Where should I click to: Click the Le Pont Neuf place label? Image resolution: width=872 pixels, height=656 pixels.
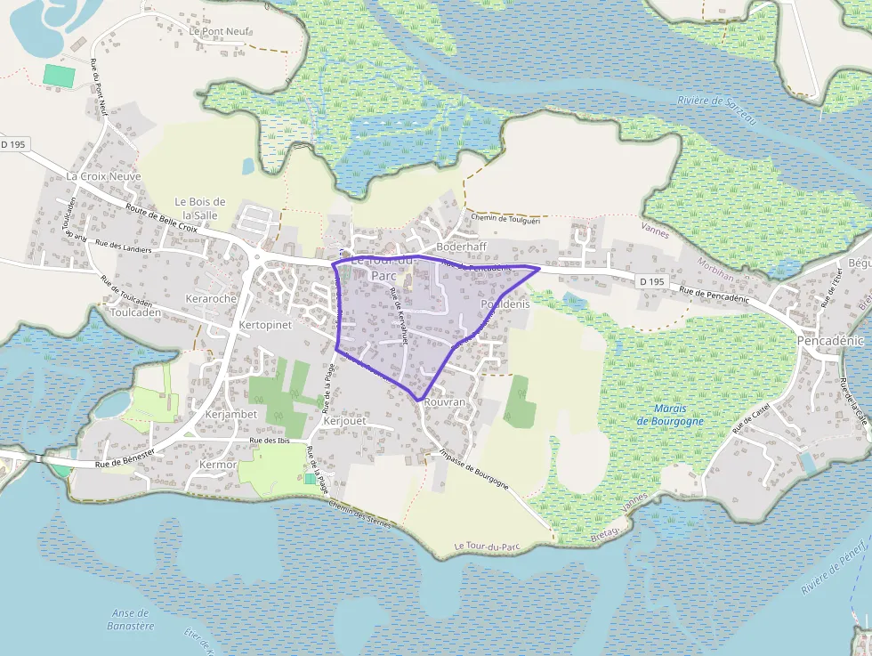[220, 31]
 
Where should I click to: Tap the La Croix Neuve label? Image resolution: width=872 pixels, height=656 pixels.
[104, 176]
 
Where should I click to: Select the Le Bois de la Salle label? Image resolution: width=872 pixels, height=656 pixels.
[200, 208]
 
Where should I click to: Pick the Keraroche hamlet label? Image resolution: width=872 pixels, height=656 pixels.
[211, 298]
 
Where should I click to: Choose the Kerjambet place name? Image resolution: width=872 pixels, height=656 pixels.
[230, 414]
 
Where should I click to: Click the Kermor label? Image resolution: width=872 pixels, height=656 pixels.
[218, 465]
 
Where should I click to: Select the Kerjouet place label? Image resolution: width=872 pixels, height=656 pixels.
[345, 420]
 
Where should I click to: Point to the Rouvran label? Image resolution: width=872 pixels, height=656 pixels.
[445, 402]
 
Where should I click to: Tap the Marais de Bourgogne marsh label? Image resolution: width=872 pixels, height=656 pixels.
[670, 415]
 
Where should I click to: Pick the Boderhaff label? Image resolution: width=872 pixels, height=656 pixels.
[461, 247]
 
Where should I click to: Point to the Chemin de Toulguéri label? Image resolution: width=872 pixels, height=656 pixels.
[506, 218]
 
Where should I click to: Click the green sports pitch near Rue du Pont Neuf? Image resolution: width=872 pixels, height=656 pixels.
[60, 76]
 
